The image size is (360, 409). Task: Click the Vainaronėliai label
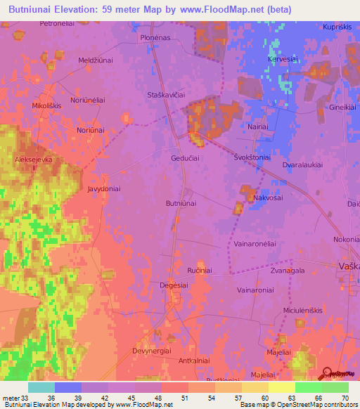click(251, 243)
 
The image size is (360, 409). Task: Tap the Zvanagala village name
click(287, 270)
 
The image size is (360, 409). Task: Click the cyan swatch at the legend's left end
click(41, 387)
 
